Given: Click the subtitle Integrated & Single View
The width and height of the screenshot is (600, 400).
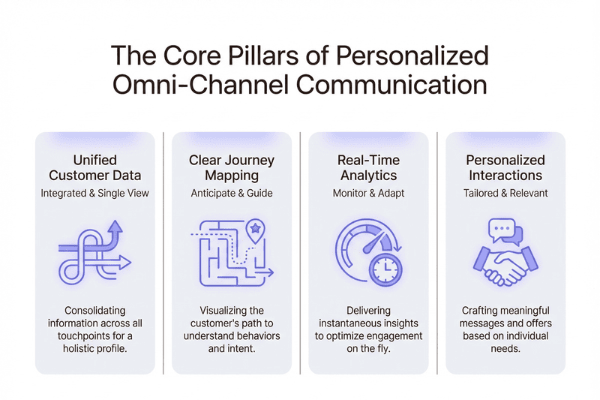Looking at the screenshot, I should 94,193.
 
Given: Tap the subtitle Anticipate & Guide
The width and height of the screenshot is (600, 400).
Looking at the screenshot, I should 231,193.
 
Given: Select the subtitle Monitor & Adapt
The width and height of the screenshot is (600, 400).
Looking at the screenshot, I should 368,193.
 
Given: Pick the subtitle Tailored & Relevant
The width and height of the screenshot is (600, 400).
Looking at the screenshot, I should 505,193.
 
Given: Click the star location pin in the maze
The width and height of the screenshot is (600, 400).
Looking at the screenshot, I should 255,228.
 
